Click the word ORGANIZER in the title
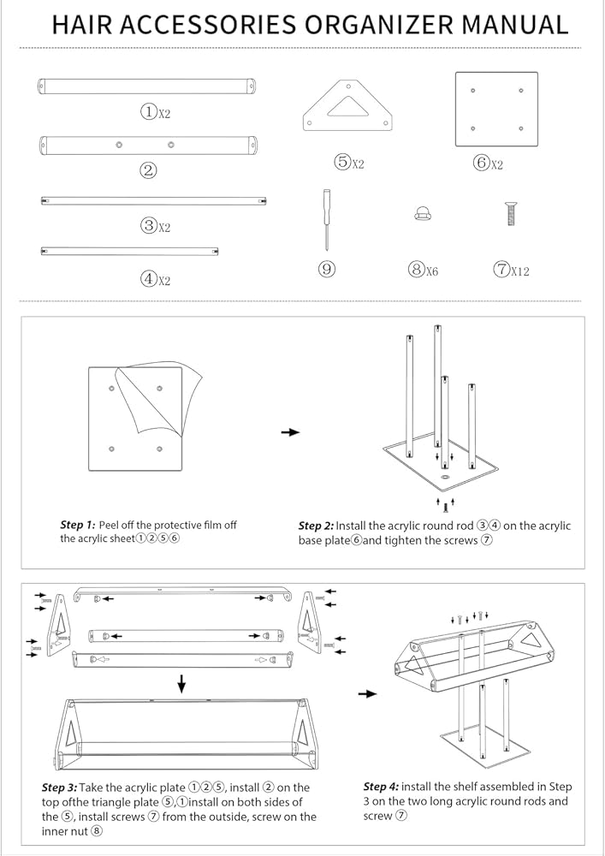(378, 25)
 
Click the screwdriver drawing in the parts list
(326, 220)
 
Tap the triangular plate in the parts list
(348, 105)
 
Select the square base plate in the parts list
(496, 110)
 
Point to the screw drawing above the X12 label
(511, 213)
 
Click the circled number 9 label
(327, 269)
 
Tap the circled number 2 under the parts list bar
(148, 170)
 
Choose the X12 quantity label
(520, 270)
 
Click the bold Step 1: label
(78, 526)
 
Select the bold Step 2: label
(316, 526)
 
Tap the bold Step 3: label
(60, 788)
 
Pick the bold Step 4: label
(382, 787)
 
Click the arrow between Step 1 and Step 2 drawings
(291, 431)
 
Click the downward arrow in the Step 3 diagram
(181, 683)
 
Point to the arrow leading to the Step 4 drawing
(368, 694)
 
